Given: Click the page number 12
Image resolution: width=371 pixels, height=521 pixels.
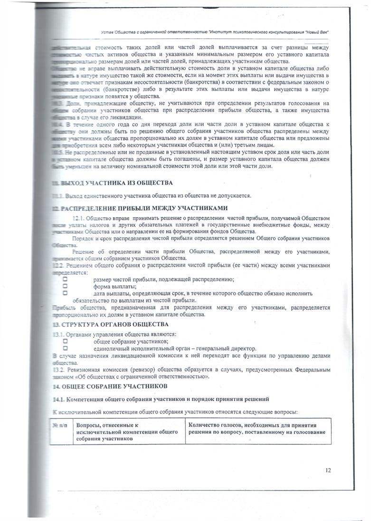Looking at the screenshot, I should tap(328, 470).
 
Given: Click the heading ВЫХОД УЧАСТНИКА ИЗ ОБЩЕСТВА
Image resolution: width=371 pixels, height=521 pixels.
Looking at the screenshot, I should tap(113, 183).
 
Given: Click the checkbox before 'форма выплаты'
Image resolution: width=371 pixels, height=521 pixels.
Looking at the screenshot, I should tap(66, 286).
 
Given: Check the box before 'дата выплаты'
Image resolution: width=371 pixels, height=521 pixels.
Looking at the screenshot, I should tap(66, 293).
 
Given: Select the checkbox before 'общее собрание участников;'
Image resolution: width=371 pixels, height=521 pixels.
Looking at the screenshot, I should tap(66, 341).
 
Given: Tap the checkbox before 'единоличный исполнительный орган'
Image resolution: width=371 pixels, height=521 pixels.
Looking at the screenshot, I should tap(66, 348).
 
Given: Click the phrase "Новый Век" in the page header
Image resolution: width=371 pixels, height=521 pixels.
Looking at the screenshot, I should tap(315, 31).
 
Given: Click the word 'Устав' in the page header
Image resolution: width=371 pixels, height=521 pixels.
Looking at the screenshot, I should tap(108, 31).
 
